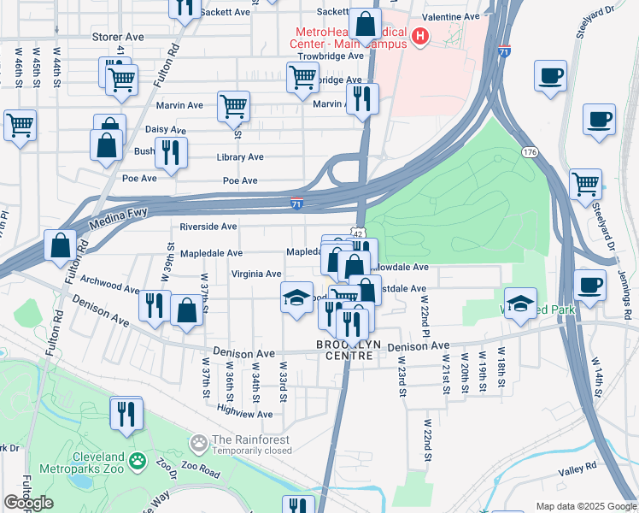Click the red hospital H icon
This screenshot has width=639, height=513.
pos(420,37)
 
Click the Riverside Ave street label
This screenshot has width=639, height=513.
pos(208,227)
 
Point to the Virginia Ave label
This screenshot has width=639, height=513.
pos(256,274)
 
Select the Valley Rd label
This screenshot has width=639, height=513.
pos(577,469)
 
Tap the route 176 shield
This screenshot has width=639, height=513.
pos(530,151)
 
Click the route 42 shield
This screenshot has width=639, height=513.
pos(358,233)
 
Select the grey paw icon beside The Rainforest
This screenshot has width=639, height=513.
pos(199,443)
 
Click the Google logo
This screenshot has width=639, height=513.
pos(28,503)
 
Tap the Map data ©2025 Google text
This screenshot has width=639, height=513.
pos(585,506)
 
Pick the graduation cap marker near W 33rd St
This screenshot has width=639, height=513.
pos(296,298)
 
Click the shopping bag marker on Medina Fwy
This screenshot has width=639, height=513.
pos(61,245)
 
